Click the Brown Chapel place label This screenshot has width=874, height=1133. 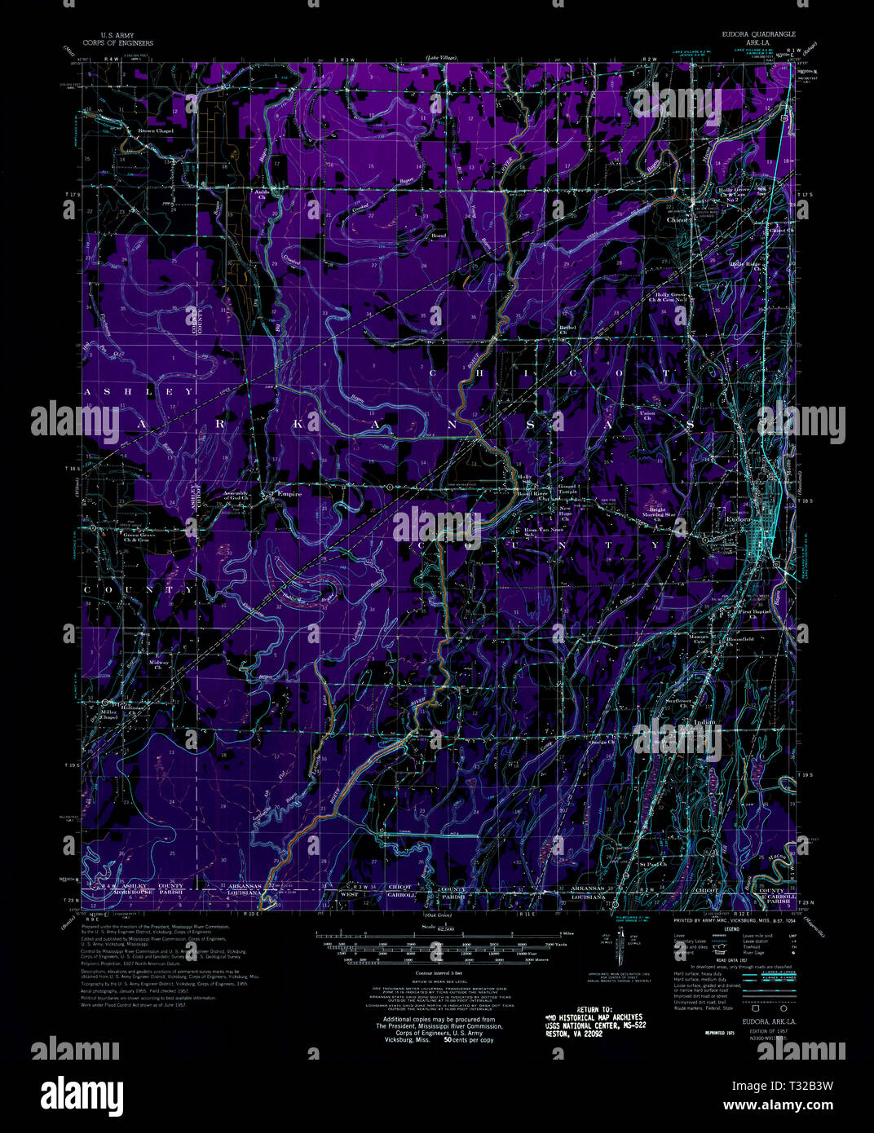coord(155,131)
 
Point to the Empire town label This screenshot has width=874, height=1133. coord(289,494)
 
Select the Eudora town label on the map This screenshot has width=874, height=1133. coord(739,519)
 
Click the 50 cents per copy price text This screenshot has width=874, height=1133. coord(468,1041)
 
